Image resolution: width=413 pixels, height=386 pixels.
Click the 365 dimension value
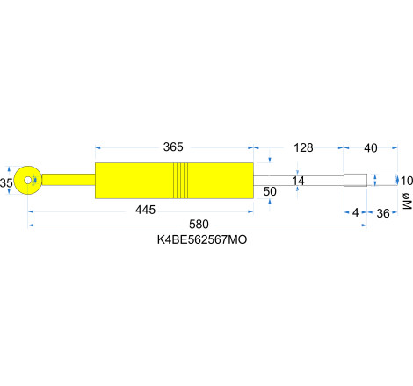(x=174, y=147)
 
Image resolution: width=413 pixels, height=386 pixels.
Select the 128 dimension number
(x=303, y=147)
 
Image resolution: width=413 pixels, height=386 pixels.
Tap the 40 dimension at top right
(x=370, y=147)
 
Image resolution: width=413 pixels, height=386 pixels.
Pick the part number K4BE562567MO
(x=202, y=239)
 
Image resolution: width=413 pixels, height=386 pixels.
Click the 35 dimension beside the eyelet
(x=7, y=182)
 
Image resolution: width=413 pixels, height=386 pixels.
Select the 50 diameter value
(x=270, y=191)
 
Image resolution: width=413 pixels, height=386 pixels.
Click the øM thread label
(x=406, y=203)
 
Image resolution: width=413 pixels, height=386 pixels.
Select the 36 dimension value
(x=384, y=213)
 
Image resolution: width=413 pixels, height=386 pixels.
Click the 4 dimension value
(x=355, y=213)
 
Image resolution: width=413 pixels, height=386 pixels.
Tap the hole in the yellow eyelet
(x=29, y=180)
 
